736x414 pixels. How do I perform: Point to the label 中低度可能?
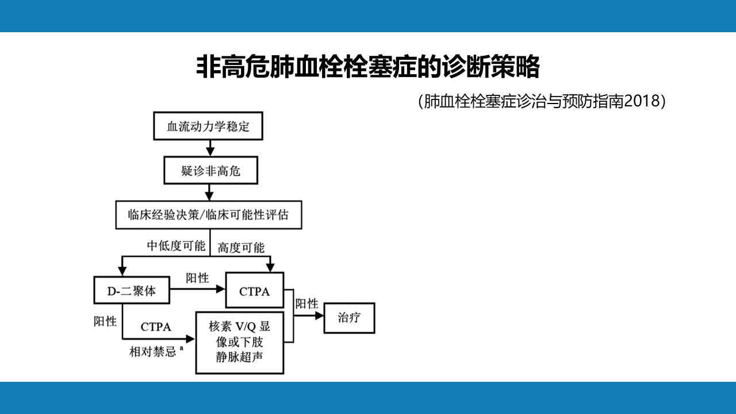pyautogui.click(x=176, y=246)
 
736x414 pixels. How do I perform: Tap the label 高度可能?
pyautogui.click(x=241, y=248)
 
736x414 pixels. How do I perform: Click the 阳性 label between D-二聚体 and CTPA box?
pyautogui.click(x=197, y=278)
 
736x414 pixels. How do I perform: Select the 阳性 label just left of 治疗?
pyautogui.click(x=306, y=304)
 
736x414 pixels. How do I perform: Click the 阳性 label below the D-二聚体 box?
pyautogui.click(x=105, y=321)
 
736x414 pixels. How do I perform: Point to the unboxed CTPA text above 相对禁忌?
pyautogui.click(x=156, y=327)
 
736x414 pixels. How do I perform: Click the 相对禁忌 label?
pyautogui.click(x=153, y=352)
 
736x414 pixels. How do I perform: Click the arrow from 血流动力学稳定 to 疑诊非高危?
pyautogui.click(x=210, y=148)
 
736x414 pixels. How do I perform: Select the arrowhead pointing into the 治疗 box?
pyautogui.click(x=320, y=316)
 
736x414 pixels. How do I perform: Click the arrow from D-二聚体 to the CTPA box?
pyautogui.click(x=197, y=289)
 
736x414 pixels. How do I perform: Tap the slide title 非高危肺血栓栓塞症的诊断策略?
pyautogui.click(x=368, y=67)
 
